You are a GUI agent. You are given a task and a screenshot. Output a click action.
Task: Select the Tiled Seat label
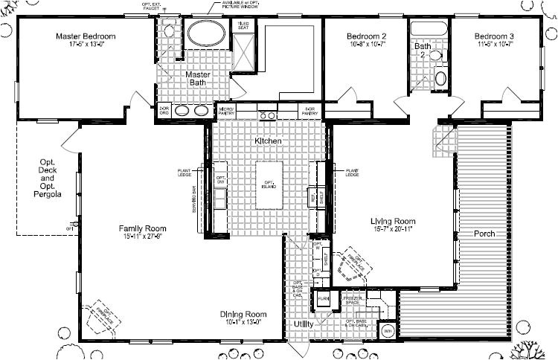(243, 25)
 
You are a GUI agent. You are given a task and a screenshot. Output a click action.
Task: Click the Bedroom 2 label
(366, 36)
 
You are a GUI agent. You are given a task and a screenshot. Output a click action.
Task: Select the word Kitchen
(267, 141)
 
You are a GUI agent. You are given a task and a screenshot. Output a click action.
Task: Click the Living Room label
(393, 221)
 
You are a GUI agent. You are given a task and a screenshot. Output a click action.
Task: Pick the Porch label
(484, 234)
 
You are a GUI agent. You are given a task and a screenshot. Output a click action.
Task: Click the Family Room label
(143, 228)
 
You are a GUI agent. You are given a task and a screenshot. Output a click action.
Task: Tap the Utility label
(304, 325)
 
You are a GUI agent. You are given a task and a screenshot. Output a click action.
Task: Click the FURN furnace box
(324, 298)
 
